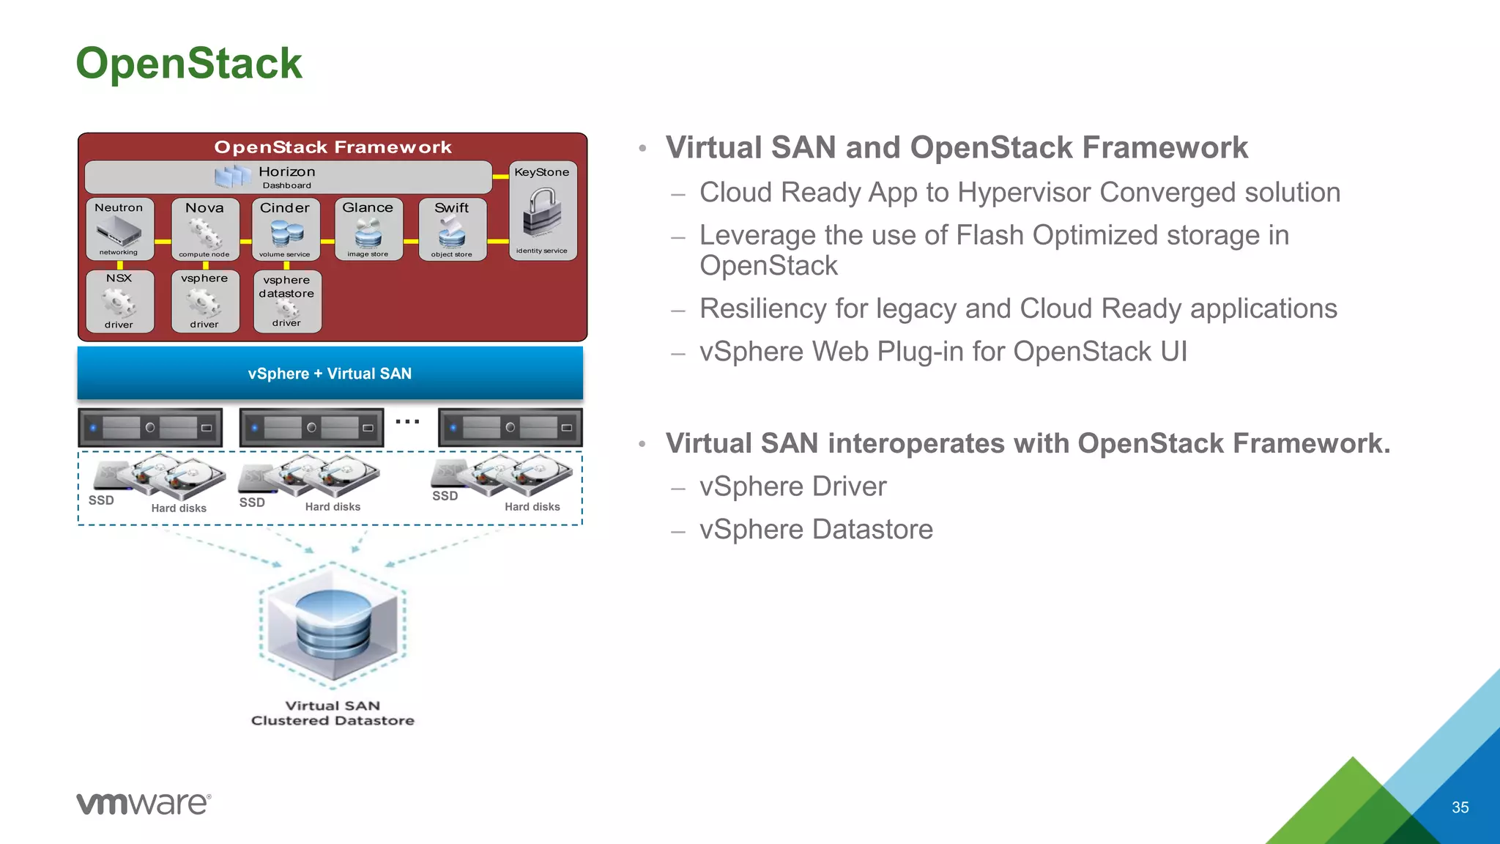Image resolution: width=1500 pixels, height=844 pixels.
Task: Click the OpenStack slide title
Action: pyautogui.click(x=188, y=63)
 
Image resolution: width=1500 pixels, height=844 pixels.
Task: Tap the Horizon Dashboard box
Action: pyautogui.click(x=288, y=177)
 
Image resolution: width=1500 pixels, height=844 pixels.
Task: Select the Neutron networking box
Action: pyautogui.click(x=119, y=229)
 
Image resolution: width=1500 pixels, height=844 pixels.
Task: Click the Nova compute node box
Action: pyautogui.click(x=205, y=229)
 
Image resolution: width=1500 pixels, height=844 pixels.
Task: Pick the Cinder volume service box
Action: pyautogui.click(x=286, y=229)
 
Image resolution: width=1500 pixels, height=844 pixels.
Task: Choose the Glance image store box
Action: pyautogui.click(x=368, y=229)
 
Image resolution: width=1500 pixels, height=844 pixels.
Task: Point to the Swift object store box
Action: pyautogui.click(x=452, y=229)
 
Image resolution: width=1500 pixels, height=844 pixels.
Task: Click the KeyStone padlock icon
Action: pyautogui.click(x=542, y=213)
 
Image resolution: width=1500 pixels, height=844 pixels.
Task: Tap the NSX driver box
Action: pyautogui.click(x=119, y=301)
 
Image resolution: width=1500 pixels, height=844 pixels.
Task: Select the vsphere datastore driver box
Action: pyautogui.click(x=287, y=301)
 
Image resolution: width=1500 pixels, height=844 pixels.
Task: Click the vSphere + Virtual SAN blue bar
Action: pyautogui.click(x=330, y=374)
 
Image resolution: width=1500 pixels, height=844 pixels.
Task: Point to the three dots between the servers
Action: pyautogui.click(x=407, y=422)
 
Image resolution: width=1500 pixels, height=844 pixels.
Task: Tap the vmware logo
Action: pyautogui.click(x=144, y=803)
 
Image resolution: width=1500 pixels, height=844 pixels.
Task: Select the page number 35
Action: pyautogui.click(x=1460, y=807)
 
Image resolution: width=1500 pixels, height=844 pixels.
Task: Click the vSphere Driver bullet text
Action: pyautogui.click(x=792, y=486)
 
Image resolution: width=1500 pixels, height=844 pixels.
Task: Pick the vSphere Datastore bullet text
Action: pyautogui.click(x=816, y=529)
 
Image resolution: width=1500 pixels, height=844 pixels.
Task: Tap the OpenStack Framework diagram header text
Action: pyautogui.click(x=333, y=147)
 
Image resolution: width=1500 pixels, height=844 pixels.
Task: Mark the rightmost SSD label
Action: pyautogui.click(x=445, y=496)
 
